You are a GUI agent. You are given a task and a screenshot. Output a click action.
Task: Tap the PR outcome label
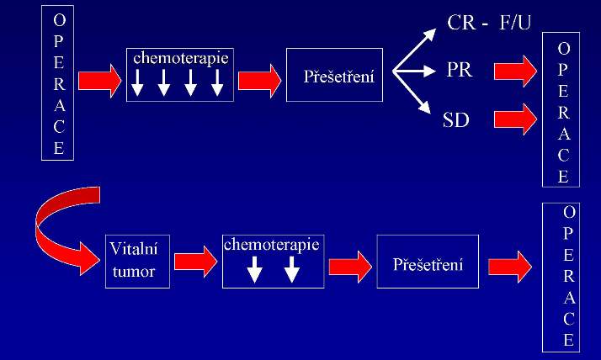pyautogui.click(x=459, y=70)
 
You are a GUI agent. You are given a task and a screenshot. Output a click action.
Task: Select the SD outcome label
pyautogui.click(x=455, y=119)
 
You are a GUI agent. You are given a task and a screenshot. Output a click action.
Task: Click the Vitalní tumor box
pyautogui.click(x=138, y=261)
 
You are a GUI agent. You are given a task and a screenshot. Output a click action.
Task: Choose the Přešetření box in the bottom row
pyautogui.click(x=428, y=264)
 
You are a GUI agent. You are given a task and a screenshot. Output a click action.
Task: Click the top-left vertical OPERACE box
pyautogui.click(x=58, y=85)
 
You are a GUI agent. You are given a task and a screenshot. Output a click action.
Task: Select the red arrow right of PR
pyautogui.click(x=515, y=71)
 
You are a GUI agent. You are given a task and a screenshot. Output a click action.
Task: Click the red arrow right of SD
pyautogui.click(x=515, y=119)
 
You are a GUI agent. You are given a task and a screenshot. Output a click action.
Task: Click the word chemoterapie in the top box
pyautogui.click(x=181, y=59)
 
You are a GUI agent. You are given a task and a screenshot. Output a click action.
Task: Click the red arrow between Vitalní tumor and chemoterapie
pyautogui.click(x=194, y=261)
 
